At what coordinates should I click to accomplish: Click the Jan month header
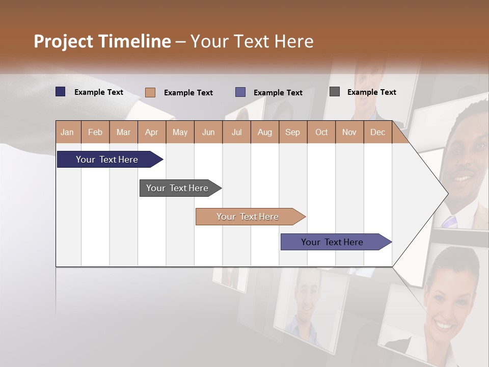[68, 132]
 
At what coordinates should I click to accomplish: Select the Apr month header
[152, 132]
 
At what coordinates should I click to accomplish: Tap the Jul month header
[236, 132]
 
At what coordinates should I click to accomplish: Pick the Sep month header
[292, 132]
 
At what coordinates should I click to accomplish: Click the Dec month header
[377, 132]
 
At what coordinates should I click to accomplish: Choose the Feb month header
[95, 132]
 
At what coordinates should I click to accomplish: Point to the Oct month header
[321, 132]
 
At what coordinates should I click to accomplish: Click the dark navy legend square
[61, 92]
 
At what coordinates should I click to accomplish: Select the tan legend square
[150, 92]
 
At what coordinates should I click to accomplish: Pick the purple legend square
[240, 92]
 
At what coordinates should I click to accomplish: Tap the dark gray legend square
[335, 92]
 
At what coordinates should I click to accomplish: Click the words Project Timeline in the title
[102, 41]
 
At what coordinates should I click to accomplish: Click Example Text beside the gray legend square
[371, 92]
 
